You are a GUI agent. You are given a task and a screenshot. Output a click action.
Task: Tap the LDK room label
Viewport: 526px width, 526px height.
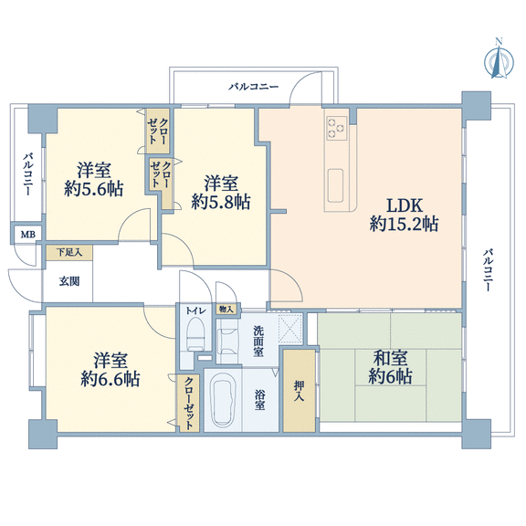point(405,205)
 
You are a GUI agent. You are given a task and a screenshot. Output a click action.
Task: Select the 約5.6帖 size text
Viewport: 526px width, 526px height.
point(93,189)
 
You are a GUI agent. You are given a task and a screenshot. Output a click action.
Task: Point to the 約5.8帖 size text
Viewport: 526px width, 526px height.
point(221,203)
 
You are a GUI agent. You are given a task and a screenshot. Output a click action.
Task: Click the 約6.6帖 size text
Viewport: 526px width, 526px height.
point(110,379)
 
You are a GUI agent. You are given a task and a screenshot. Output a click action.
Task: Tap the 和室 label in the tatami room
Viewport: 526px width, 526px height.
point(391,358)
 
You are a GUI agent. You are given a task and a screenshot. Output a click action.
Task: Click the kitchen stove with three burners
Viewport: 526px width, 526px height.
point(337,129)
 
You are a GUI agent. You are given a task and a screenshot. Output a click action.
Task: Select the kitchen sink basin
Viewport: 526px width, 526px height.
point(335,185)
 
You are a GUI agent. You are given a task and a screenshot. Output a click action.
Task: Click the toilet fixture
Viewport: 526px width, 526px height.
point(195,334)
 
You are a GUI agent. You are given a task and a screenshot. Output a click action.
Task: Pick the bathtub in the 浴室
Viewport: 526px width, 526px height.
point(223,400)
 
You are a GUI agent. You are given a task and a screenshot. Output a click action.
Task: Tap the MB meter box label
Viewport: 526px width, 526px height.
point(28,235)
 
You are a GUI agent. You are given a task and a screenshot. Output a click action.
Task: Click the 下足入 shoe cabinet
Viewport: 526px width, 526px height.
point(69,252)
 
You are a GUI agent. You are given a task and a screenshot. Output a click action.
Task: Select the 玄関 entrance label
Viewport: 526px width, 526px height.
point(69,281)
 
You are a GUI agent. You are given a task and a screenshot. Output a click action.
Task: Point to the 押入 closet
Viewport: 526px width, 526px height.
point(299,391)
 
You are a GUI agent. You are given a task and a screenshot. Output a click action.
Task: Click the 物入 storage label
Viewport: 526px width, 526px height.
point(226,309)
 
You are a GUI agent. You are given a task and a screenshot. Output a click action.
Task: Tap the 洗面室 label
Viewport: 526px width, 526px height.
point(258,342)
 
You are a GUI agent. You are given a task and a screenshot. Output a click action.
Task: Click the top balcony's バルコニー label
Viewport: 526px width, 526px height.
point(254,87)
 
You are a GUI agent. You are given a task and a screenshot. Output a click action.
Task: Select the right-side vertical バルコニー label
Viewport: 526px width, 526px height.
point(488,269)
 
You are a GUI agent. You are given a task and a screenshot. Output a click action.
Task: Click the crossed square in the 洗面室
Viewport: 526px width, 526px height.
point(290,329)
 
